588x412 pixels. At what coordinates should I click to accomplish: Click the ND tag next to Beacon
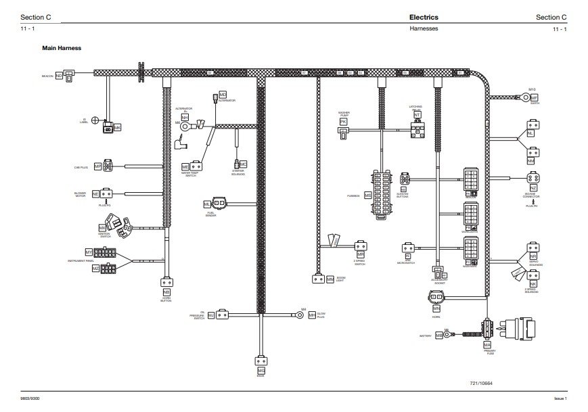(59, 76)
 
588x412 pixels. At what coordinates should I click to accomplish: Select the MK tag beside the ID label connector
(117, 127)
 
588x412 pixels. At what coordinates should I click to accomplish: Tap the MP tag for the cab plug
(97, 166)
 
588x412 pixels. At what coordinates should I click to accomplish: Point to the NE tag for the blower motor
(95, 193)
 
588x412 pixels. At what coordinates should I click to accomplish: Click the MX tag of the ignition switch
(104, 227)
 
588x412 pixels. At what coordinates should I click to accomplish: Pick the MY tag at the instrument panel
(88, 252)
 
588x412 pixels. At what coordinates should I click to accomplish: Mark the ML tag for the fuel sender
(207, 204)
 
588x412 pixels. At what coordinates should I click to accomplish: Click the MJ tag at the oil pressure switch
(211, 315)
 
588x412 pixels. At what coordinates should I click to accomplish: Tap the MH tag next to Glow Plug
(312, 315)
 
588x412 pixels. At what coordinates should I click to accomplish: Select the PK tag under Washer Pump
(343, 122)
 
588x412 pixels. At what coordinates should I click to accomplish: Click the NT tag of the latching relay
(417, 116)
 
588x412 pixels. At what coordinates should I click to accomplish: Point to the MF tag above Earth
(533, 97)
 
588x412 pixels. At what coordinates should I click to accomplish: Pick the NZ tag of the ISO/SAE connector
(533, 187)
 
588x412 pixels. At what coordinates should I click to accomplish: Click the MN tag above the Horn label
(436, 308)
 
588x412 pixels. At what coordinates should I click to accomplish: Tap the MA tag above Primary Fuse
(487, 344)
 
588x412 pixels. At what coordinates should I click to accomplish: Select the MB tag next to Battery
(439, 335)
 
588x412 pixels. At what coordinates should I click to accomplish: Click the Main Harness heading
(62, 49)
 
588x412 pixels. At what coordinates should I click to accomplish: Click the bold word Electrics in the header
(424, 17)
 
